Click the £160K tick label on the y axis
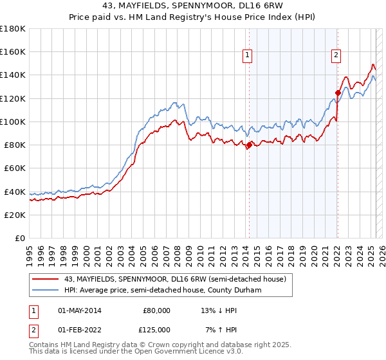13,51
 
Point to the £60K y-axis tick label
15,168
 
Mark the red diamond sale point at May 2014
248,145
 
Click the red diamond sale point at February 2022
337,93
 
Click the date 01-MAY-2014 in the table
79,310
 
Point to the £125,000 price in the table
156,330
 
